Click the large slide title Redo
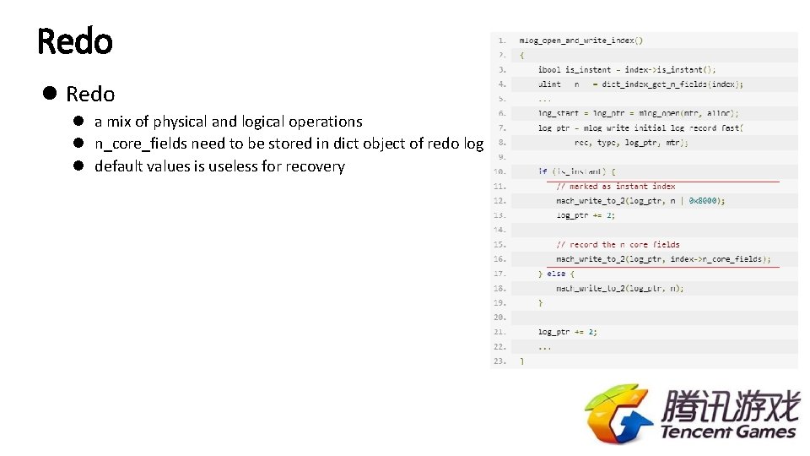(75, 41)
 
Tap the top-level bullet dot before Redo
(50, 94)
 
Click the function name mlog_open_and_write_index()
(580, 40)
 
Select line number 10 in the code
(499, 171)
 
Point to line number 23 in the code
(499, 361)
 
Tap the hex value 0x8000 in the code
(706, 201)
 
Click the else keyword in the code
(557, 274)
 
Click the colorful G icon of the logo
(618, 414)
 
